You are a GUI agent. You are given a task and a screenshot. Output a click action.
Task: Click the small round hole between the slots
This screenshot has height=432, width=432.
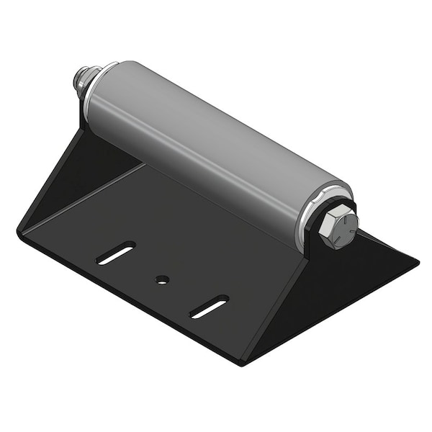(162, 279)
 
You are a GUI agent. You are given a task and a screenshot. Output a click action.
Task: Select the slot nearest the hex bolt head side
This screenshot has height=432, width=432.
(209, 306)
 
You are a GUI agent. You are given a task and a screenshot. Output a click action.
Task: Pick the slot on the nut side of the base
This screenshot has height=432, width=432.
(116, 253)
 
